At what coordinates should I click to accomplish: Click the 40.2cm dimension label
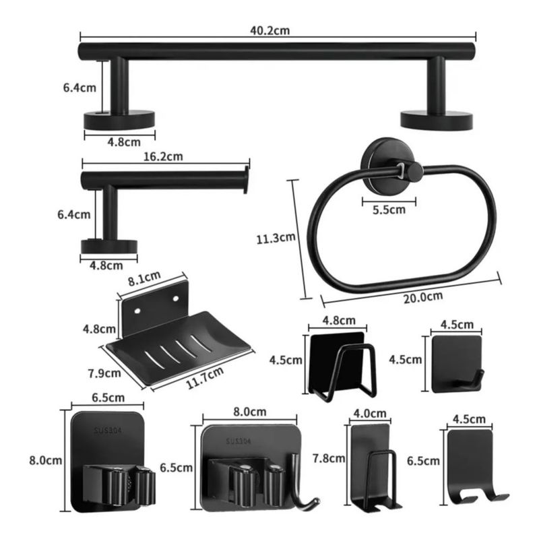click(270, 30)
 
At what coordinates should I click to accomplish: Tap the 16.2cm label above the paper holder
click(163, 157)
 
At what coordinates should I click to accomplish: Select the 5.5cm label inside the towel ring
click(389, 210)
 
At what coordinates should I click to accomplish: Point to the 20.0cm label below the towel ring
click(423, 297)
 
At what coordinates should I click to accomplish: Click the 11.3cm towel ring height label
click(276, 238)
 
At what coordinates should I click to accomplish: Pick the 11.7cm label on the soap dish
click(205, 377)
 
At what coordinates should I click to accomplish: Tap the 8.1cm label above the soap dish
click(144, 278)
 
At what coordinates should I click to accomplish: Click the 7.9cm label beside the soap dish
click(104, 373)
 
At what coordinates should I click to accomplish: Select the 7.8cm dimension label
click(329, 459)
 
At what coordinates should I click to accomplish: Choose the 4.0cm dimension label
click(370, 413)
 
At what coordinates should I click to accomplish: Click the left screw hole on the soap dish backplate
click(137, 311)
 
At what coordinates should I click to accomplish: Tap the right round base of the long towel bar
click(437, 121)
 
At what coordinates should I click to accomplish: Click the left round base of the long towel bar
click(119, 121)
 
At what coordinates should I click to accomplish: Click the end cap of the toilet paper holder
click(246, 180)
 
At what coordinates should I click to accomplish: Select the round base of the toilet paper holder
click(109, 247)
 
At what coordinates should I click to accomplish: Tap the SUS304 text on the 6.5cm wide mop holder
click(108, 431)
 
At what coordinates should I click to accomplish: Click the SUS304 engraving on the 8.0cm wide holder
click(239, 441)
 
